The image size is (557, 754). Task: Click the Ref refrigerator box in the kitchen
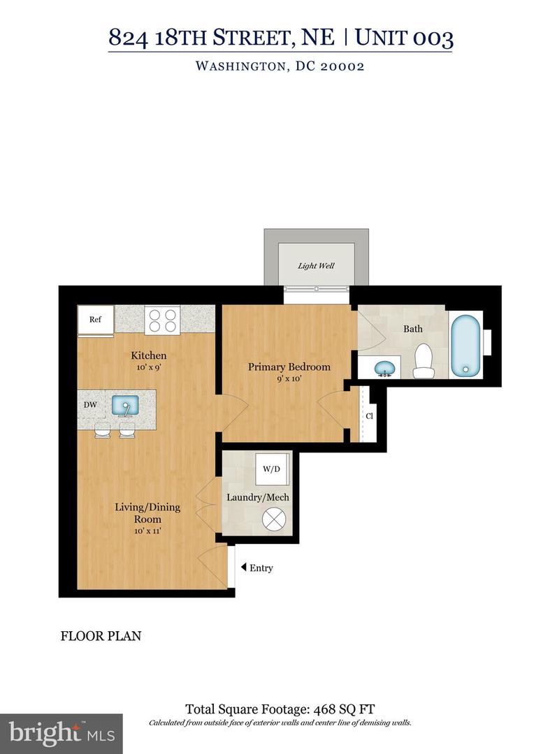[x=96, y=320]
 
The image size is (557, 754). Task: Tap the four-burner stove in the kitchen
[x=162, y=320]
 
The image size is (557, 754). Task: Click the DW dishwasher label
[x=89, y=405]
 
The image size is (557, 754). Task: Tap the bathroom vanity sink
[x=383, y=367]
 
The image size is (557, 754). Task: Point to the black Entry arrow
[x=242, y=568]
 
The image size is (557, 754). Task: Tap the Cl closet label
[x=368, y=417]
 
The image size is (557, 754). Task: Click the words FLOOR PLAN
[x=101, y=636]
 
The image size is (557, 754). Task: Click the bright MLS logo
[x=61, y=733]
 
